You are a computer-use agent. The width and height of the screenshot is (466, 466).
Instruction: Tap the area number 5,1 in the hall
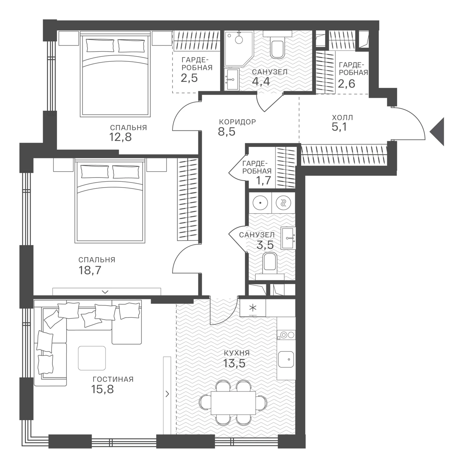[339, 127]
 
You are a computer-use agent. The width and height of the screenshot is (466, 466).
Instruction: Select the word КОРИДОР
[237, 122]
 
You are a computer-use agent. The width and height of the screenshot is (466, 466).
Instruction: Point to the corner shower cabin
[238, 49]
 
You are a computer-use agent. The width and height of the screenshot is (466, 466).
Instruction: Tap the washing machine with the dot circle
[260, 203]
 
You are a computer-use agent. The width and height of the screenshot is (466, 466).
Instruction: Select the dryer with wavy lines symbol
[283, 203]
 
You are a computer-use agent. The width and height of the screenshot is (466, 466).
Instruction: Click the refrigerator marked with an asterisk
[253, 308]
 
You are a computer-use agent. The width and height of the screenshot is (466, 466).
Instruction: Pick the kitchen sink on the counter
[286, 359]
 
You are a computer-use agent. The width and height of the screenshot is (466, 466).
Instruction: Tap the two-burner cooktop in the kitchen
[286, 335]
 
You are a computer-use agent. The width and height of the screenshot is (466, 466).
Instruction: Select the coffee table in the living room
[92, 358]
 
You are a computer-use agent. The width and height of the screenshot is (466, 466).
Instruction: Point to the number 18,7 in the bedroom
[90, 270]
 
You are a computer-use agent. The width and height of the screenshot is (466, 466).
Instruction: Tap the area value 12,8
[120, 137]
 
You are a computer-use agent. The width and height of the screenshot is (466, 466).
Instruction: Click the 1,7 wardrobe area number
[264, 181]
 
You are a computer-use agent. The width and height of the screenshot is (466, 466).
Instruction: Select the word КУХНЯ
[237, 353]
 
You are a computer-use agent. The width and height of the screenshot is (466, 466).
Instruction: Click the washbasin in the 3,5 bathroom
[288, 238]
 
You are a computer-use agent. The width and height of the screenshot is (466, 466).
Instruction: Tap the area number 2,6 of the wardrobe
[346, 83]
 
